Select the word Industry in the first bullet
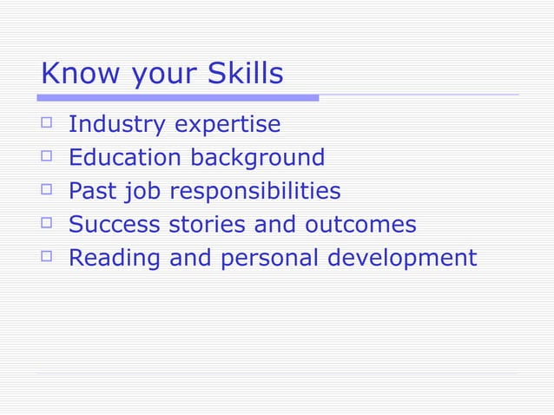(x=117, y=125)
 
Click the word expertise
(x=228, y=125)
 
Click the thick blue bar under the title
(x=179, y=97)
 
